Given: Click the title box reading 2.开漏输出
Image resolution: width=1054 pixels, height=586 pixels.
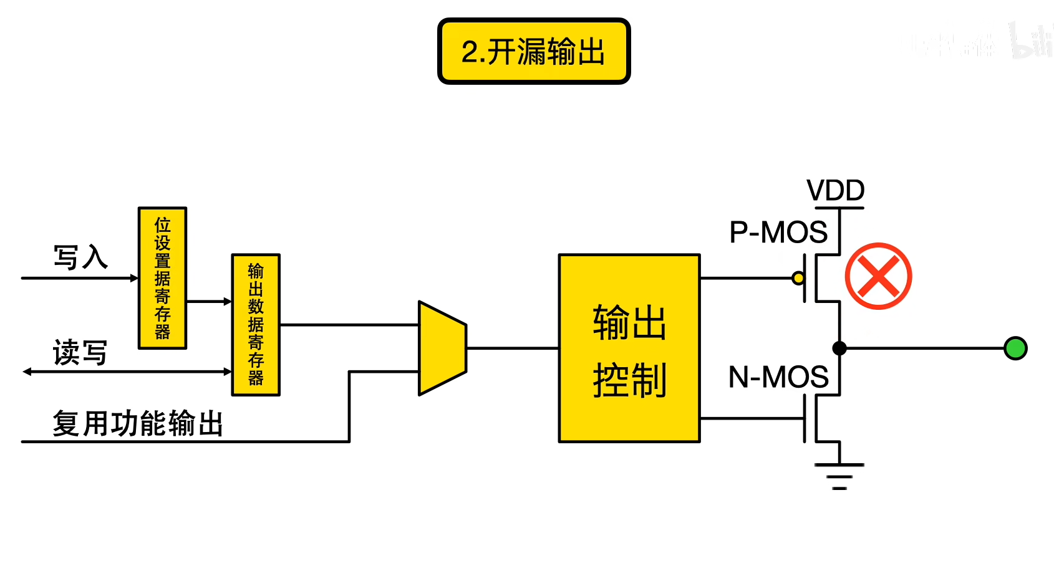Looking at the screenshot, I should click(x=534, y=51).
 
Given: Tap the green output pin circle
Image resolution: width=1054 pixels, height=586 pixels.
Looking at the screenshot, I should click(x=1015, y=348).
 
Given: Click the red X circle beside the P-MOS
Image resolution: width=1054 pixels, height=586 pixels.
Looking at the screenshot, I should click(x=878, y=276).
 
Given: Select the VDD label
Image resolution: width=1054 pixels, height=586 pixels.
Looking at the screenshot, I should click(x=835, y=190).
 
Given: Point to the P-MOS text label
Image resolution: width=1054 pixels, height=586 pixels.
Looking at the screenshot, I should click(x=778, y=233).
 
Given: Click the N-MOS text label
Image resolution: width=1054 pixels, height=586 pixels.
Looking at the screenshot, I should click(x=778, y=377).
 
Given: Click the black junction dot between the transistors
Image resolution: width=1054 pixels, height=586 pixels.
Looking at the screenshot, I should click(x=839, y=348).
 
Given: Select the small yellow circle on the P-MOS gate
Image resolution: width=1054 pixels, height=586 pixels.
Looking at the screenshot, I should click(x=798, y=278).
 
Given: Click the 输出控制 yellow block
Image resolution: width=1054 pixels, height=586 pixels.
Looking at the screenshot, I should click(x=629, y=348).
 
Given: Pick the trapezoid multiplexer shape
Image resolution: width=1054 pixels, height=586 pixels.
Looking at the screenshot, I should click(x=442, y=348).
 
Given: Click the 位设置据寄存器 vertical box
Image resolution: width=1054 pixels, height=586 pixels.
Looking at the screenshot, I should click(x=162, y=278).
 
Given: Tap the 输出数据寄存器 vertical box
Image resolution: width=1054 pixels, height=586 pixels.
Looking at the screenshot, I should click(x=256, y=325).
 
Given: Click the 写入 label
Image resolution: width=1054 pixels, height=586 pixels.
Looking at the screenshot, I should click(x=80, y=257).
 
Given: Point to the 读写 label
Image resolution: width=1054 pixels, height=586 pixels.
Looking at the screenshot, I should click(x=80, y=353).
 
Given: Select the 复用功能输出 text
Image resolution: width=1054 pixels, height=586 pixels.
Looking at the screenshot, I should click(x=137, y=424).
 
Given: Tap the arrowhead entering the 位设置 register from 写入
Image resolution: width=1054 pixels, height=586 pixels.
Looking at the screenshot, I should click(x=133, y=278).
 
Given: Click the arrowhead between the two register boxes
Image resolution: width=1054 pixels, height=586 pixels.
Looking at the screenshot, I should click(x=227, y=302).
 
